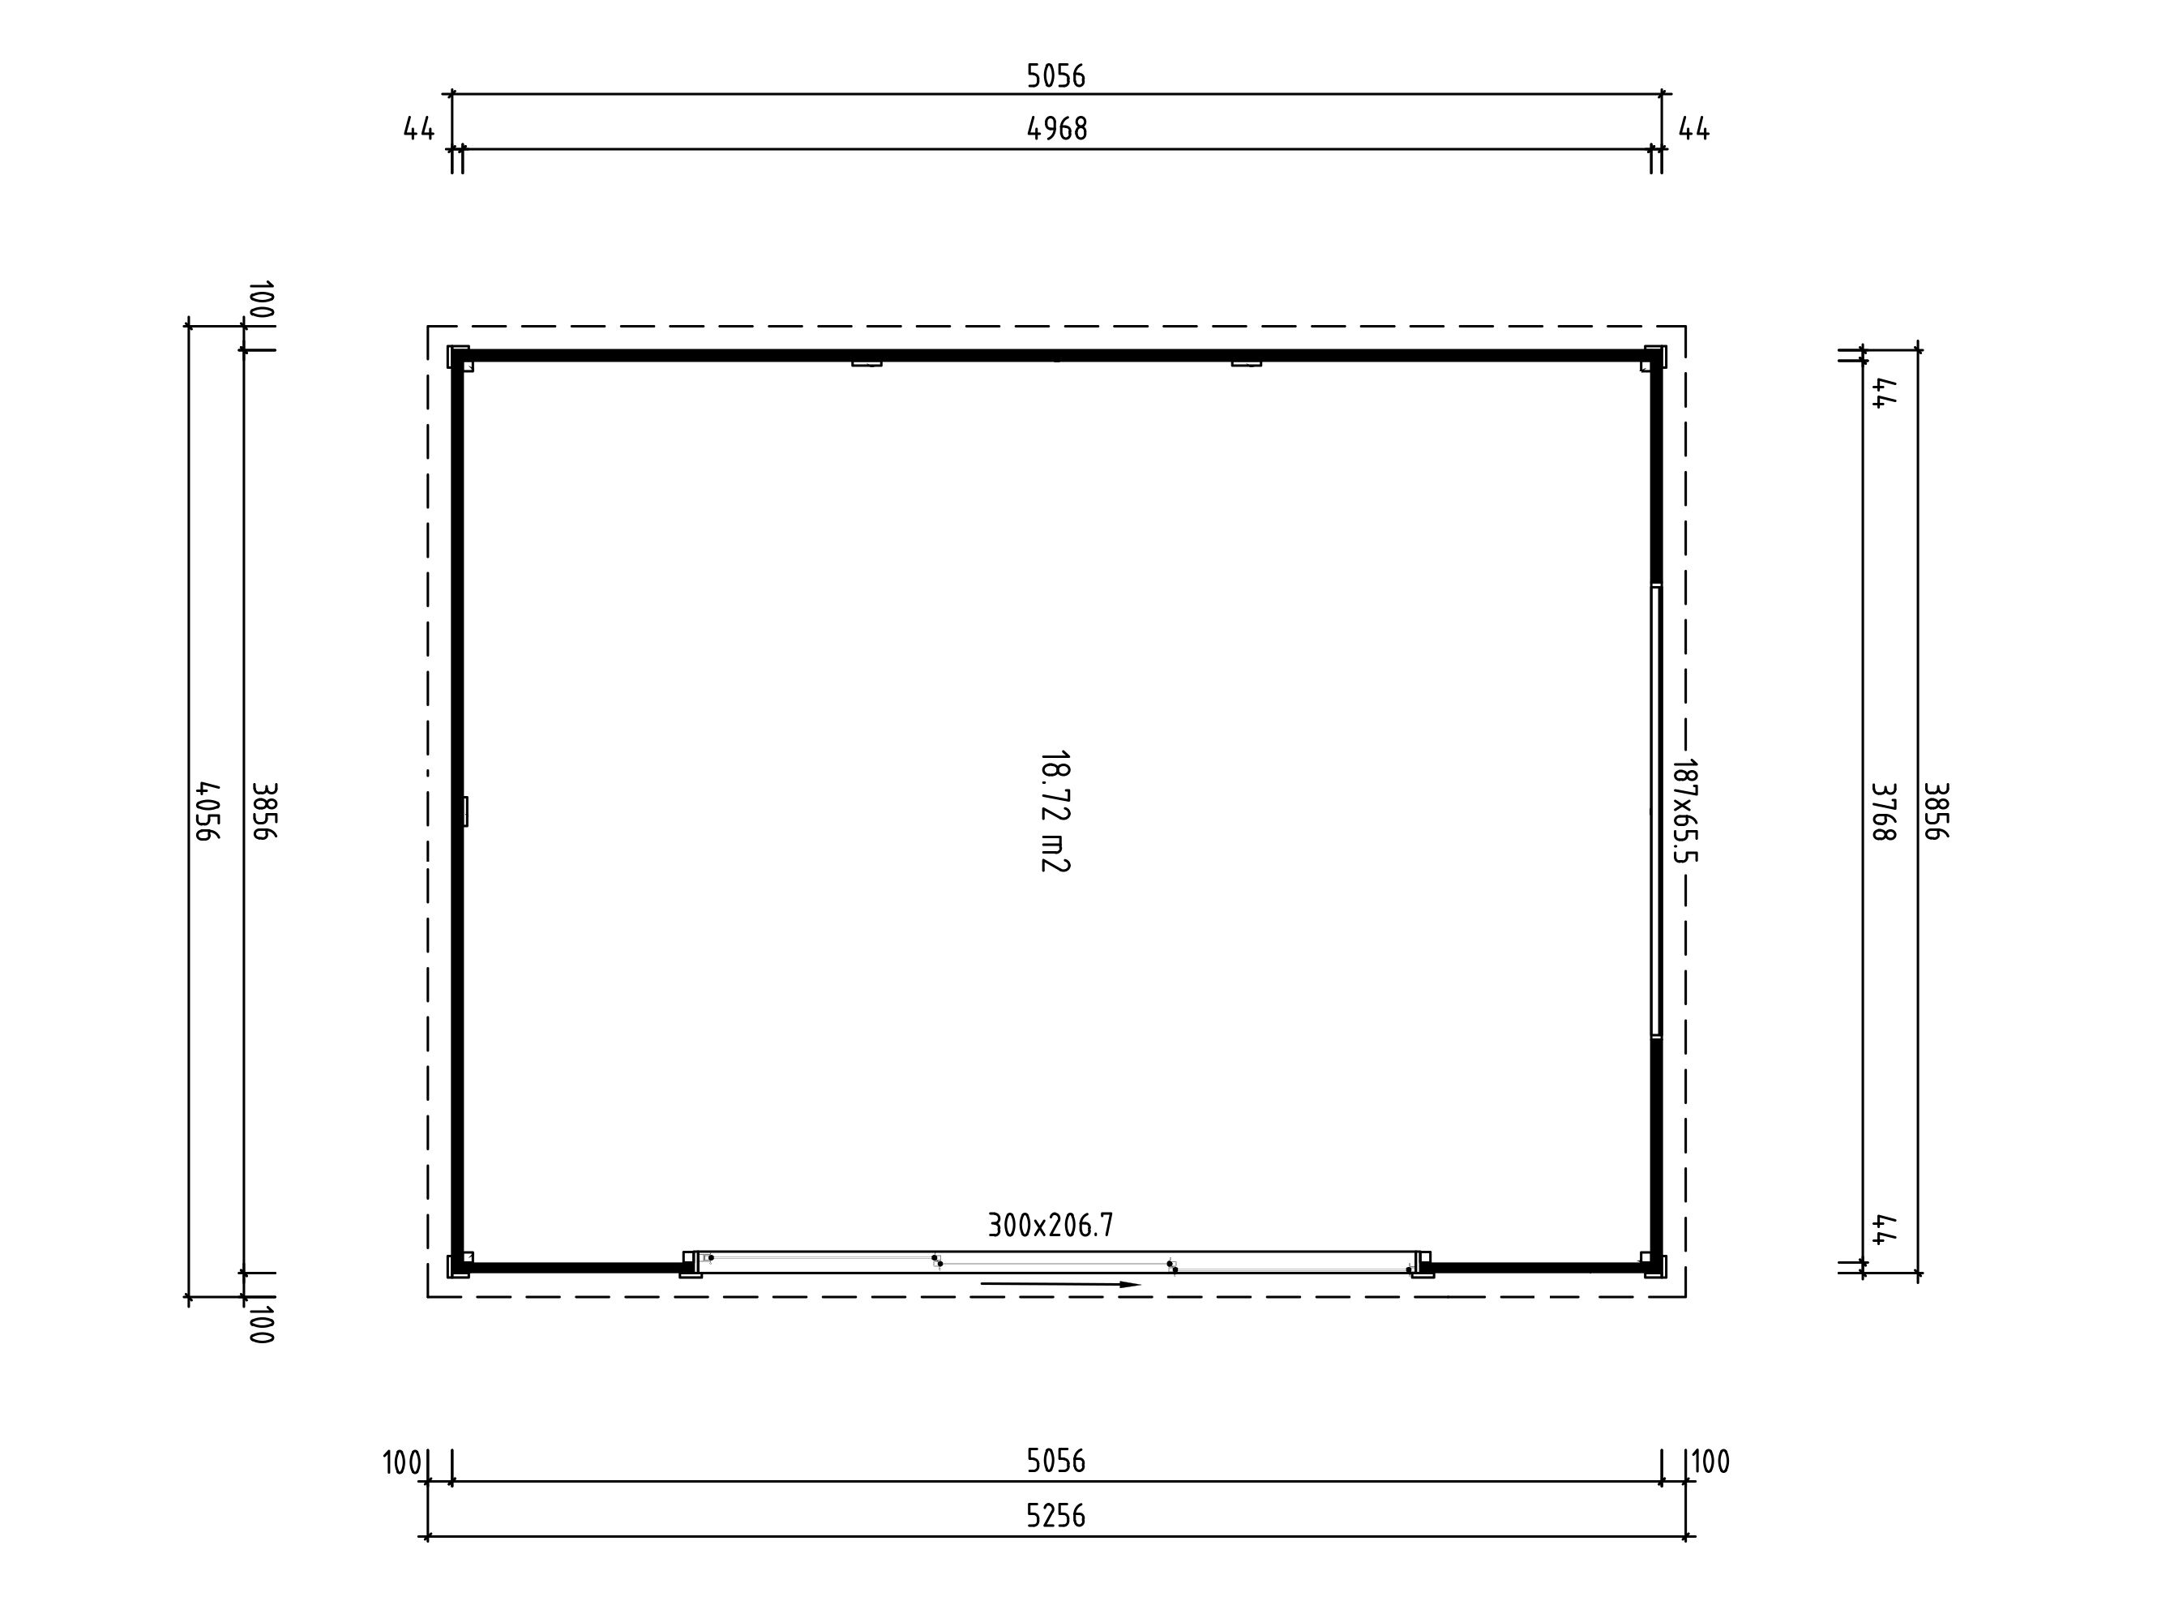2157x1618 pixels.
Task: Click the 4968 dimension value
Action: tap(1057, 129)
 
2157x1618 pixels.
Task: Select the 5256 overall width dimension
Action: tap(1056, 1516)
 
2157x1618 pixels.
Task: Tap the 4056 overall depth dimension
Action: tap(208, 811)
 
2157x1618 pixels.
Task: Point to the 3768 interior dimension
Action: tap(1883, 811)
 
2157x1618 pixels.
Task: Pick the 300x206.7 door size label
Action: tap(1051, 1225)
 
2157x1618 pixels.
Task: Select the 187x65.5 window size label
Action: tap(1685, 811)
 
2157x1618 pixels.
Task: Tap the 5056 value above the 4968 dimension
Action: tap(1056, 75)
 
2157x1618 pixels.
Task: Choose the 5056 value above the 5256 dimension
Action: tap(1056, 1460)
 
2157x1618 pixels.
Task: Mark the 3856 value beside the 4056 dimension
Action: tap(264, 811)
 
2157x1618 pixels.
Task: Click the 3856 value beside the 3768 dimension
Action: tap(1936, 811)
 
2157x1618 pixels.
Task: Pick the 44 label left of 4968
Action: tap(419, 129)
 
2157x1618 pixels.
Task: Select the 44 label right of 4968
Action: tap(1695, 129)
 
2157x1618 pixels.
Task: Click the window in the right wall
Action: tap(1656, 811)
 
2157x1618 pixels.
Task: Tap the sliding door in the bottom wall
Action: tap(1057, 1263)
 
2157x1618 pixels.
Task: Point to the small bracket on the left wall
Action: tap(465, 811)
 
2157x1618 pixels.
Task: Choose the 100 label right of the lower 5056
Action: tap(1710, 1461)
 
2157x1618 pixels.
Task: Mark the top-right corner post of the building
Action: tap(1654, 357)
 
